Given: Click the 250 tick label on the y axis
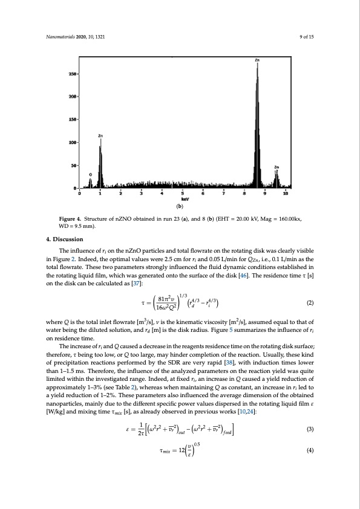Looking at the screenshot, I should [72, 74].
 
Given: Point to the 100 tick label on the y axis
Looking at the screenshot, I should [72, 143].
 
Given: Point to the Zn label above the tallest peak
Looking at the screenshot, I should [257, 60].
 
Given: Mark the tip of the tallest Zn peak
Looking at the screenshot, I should [257, 65].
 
